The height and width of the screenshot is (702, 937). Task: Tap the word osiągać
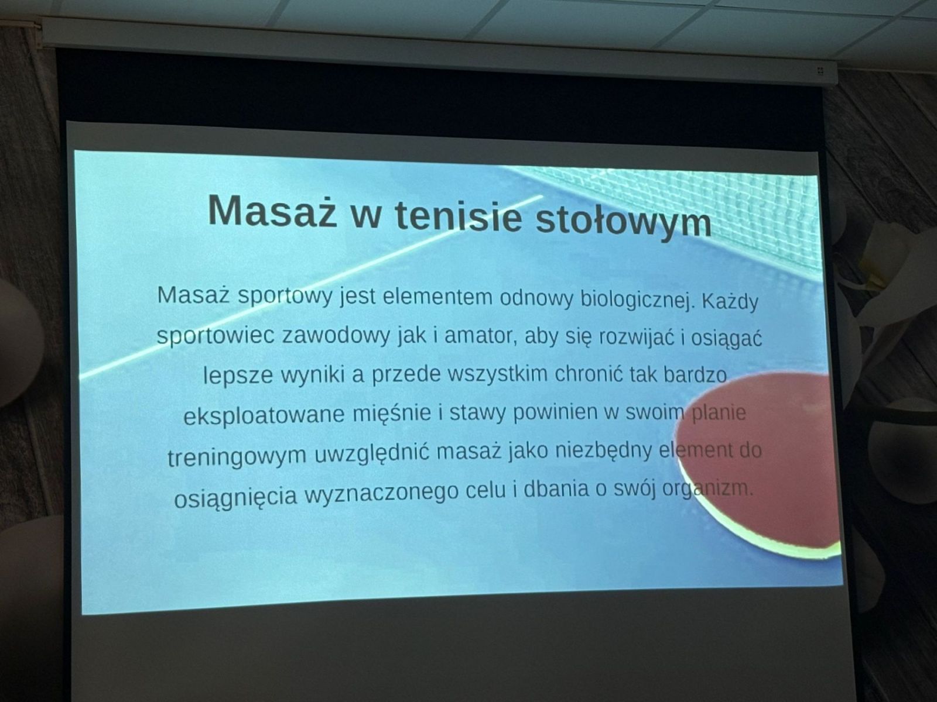pyautogui.click(x=726, y=339)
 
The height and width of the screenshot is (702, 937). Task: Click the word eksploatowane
pyautogui.click(x=264, y=415)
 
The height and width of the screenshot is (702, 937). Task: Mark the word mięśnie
pyautogui.click(x=392, y=414)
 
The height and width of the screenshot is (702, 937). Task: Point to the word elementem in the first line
pyautogui.click(x=437, y=298)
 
